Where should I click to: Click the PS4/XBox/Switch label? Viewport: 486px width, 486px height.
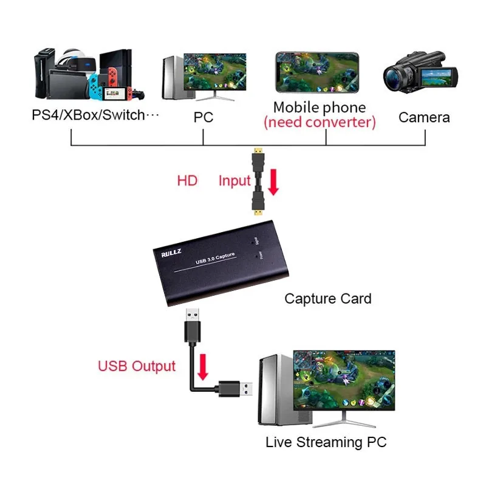coord(95,115)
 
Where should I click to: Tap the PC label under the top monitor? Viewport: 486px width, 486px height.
coord(204,117)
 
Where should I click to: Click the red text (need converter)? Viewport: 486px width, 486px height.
coord(320,122)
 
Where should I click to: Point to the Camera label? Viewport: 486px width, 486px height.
coord(424,117)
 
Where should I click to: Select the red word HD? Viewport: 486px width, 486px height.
coord(187,180)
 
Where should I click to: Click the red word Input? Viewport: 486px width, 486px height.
coord(234,180)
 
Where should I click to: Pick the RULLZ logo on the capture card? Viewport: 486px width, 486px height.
coord(168,254)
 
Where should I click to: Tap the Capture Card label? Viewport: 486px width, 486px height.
coord(327,298)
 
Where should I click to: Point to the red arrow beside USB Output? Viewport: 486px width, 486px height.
coord(203,366)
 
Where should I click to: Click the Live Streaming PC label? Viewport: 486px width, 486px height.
coord(326,442)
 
